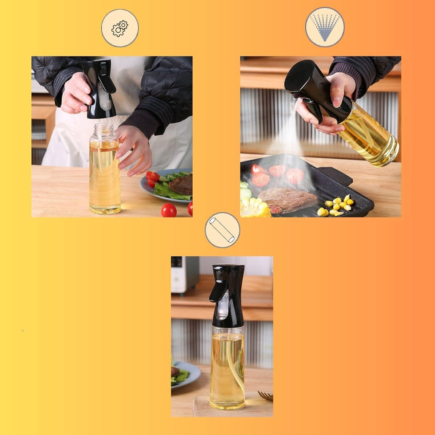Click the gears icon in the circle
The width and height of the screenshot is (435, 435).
coord(120,28)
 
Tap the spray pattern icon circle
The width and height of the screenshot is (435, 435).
coord(325,27)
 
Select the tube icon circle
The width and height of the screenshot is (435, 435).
coord(222,230)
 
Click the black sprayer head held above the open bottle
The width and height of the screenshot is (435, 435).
coord(99,89)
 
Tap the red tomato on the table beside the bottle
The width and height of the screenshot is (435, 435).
coord(169,210)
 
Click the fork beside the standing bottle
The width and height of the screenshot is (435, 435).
coord(265,395)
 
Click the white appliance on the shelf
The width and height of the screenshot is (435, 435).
coord(185,274)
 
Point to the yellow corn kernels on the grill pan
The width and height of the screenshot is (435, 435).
coord(337,207)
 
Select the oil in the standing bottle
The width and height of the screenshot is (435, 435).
coord(227,365)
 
